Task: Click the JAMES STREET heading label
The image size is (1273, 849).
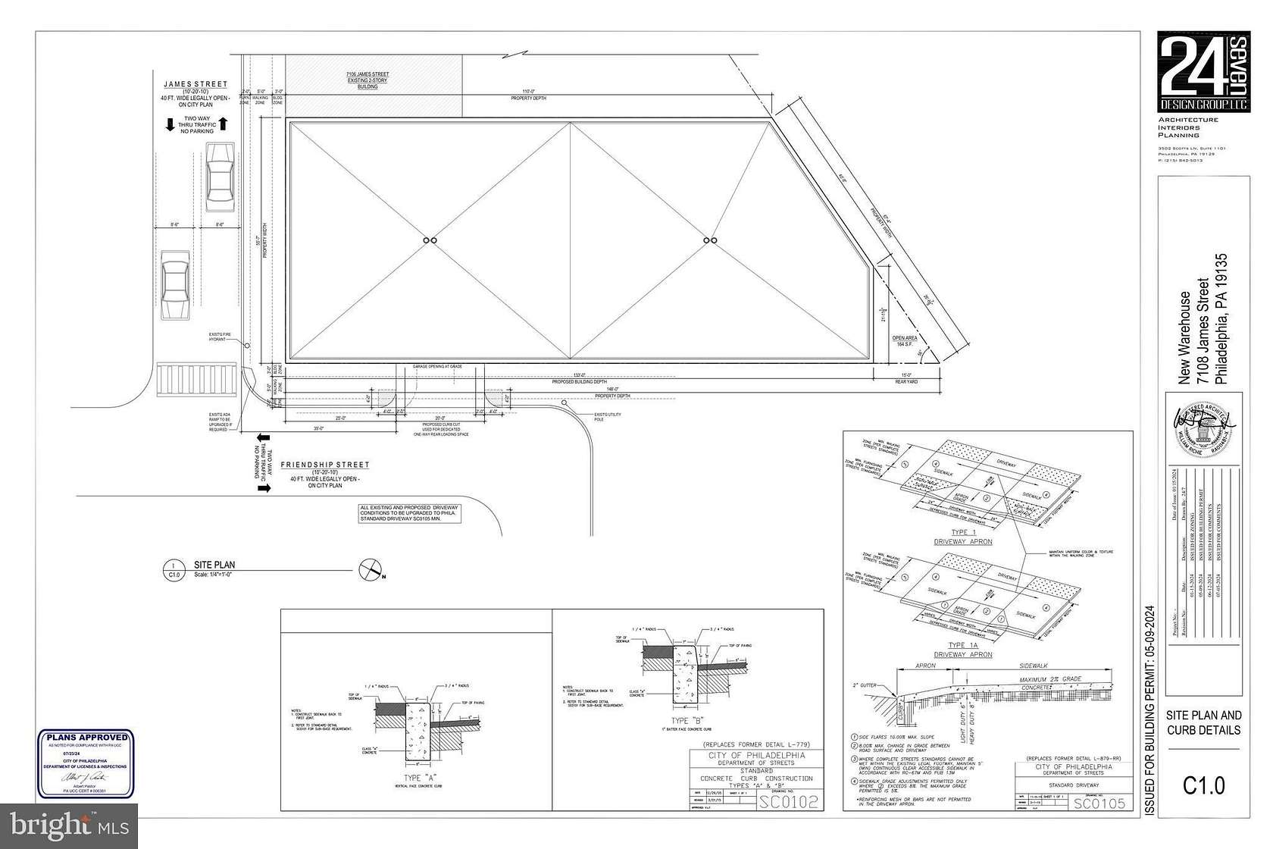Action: (195, 84)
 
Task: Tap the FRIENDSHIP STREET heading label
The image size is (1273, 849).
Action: (325, 465)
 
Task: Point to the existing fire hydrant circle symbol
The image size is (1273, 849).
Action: (247, 345)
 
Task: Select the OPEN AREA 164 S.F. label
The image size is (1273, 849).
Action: (903, 341)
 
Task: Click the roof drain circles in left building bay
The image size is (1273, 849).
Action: (429, 240)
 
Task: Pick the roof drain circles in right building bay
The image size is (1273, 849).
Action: (710, 240)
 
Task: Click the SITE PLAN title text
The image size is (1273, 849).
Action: (214, 565)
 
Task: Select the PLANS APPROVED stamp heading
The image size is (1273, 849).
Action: (86, 737)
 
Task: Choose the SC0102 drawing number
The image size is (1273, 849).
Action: (788, 802)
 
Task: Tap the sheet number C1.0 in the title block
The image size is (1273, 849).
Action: (1203, 786)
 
